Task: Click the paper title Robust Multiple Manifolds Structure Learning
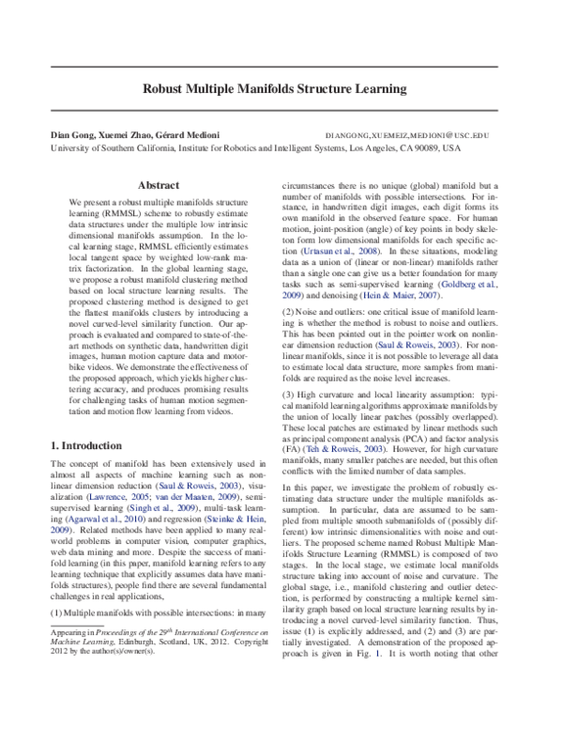tap(273, 90)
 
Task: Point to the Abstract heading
tap(158, 185)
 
